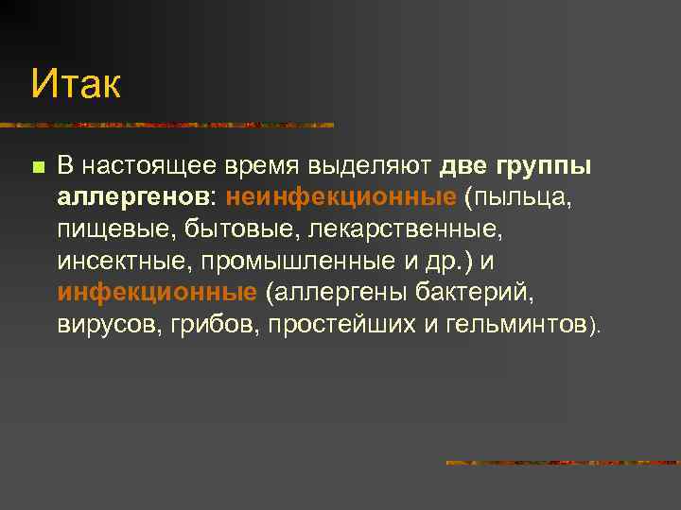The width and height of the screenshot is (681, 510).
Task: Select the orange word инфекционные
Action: coord(156,292)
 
